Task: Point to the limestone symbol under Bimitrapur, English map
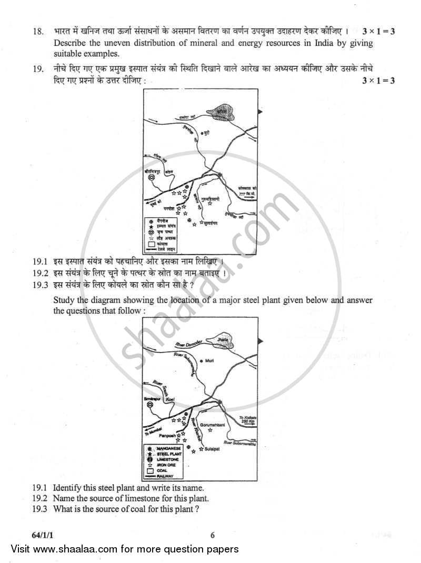coord(151,405)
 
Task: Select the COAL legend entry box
coord(152,470)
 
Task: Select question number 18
coord(37,31)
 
